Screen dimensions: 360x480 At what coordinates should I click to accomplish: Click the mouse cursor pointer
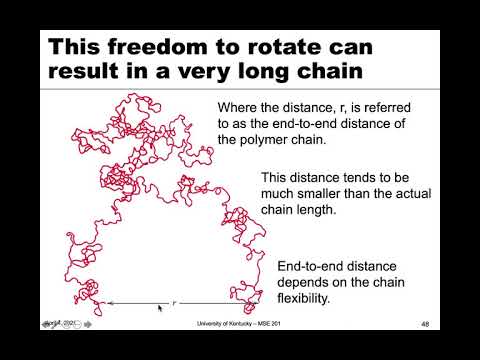[160, 309]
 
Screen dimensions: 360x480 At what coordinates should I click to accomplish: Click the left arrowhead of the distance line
[111, 302]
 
